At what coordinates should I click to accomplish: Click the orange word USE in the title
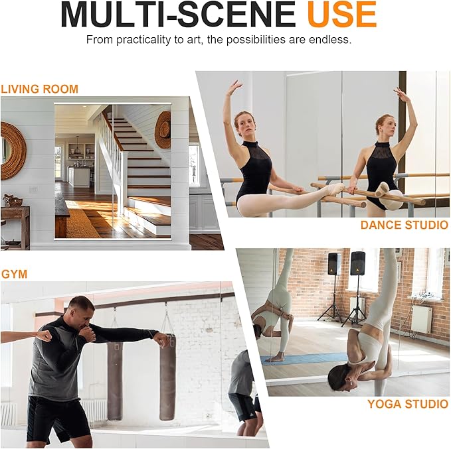[x=341, y=14]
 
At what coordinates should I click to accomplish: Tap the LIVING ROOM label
[x=39, y=89]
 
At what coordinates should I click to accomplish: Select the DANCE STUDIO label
[x=405, y=225]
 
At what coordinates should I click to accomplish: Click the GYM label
[x=14, y=274]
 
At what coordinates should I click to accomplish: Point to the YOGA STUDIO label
[x=408, y=404]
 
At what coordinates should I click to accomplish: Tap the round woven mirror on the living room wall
[x=13, y=150]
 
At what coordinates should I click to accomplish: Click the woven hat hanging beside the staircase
[x=163, y=129]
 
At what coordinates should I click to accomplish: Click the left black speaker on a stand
[x=334, y=264]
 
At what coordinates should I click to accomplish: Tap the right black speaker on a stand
[x=357, y=263]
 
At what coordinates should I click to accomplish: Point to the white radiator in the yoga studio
[x=422, y=319]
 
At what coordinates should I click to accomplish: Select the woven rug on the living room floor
[x=82, y=223]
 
